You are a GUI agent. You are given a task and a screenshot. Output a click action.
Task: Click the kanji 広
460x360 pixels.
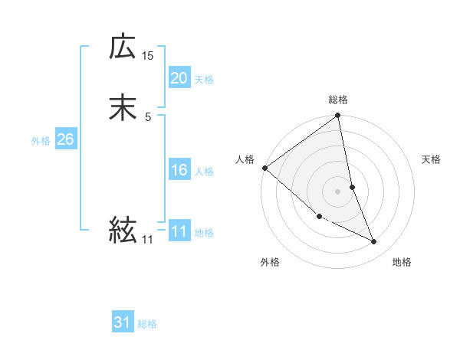tap(123, 47)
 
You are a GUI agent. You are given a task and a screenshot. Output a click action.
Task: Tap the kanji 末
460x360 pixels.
tap(123, 108)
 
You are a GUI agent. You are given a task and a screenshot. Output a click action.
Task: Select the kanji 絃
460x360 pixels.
tap(123, 229)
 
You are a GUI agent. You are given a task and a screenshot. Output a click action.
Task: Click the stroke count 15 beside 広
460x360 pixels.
tap(148, 55)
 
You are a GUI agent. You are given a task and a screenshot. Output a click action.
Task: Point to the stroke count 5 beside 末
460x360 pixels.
tap(148, 116)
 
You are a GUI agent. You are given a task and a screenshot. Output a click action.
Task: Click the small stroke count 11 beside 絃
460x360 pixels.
tap(148, 240)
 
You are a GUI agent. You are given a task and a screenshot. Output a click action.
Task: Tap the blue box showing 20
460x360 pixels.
tap(179, 78)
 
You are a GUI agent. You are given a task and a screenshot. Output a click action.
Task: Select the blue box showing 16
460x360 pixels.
tap(179, 170)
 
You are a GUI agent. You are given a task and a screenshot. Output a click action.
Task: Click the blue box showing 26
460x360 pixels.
tap(65, 139)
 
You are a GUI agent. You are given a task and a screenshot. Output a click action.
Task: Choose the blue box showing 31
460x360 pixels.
tap(123, 322)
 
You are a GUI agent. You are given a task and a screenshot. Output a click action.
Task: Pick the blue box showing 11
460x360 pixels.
tap(179, 231)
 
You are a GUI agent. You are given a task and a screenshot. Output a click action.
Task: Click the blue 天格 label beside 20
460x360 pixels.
tap(204, 80)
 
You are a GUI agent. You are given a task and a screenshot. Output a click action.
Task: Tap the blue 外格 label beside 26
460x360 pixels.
tap(41, 141)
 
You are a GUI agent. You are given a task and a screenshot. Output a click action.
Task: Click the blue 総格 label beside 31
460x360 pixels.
tap(147, 324)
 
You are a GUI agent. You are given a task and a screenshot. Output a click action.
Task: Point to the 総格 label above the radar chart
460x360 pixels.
tap(338, 100)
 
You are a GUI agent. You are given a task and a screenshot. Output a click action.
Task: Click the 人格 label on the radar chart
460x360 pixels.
tap(245, 159)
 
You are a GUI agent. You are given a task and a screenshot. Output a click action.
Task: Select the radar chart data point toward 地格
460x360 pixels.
tap(374, 241)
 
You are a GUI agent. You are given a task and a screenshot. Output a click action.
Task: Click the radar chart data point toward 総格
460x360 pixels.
tap(338, 116)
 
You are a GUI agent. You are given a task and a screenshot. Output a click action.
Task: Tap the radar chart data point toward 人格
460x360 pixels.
tap(264, 168)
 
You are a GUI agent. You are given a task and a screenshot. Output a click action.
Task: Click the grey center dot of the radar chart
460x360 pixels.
tap(338, 191)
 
